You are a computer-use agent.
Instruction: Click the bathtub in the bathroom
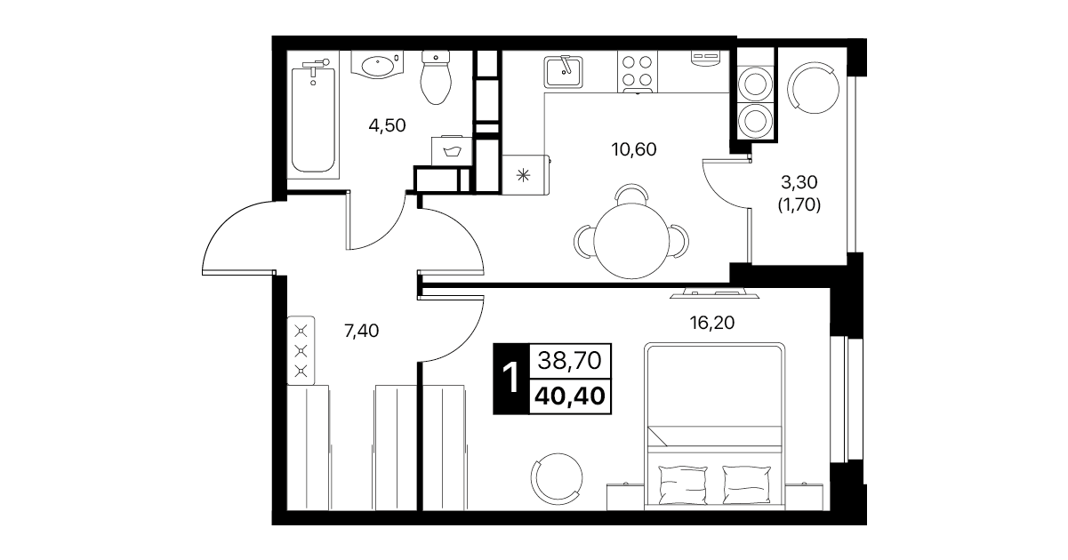[x=313, y=119]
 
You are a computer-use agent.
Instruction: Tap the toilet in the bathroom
[x=436, y=77]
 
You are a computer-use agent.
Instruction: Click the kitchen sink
[x=563, y=72]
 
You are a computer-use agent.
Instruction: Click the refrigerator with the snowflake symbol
[x=525, y=174]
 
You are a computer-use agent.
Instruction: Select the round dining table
[x=631, y=241]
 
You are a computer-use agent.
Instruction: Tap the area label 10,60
[x=634, y=149]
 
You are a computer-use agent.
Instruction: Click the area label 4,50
[x=387, y=126]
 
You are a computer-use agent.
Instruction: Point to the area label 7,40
[x=361, y=331]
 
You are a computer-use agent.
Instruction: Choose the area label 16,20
[x=711, y=324]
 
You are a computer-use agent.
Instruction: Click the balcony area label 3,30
[x=799, y=181]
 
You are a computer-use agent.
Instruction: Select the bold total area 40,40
[x=570, y=396]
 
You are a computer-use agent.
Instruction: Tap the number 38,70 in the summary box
[x=569, y=360]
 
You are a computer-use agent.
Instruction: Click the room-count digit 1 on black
[x=511, y=379]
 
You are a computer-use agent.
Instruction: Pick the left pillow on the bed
[x=682, y=484]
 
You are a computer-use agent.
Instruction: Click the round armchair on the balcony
[x=815, y=88]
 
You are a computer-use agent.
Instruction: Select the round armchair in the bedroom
[x=557, y=478]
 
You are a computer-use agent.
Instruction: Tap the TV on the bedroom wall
[x=714, y=293]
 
